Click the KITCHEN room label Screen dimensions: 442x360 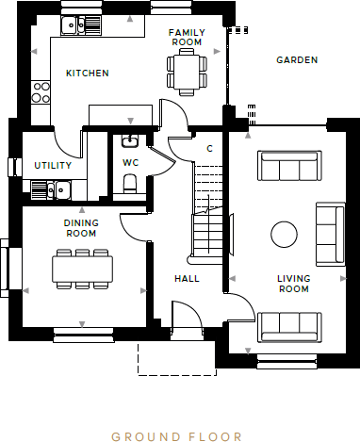[87, 73]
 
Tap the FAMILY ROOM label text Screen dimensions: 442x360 [186, 37]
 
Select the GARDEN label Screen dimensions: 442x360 [296, 59]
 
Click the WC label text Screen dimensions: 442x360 [130, 163]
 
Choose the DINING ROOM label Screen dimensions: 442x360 [81, 227]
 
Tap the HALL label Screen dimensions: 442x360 [187, 279]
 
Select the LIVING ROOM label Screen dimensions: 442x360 [293, 284]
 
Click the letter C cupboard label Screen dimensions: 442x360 [209, 149]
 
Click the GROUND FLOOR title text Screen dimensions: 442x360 [176, 436]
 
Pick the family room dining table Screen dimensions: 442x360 [186, 72]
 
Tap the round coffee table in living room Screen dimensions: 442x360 [284, 234]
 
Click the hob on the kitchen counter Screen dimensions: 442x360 [41, 91]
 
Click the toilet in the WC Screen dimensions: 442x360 [131, 184]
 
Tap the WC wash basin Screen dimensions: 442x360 [130, 142]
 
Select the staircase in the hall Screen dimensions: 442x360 [209, 217]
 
